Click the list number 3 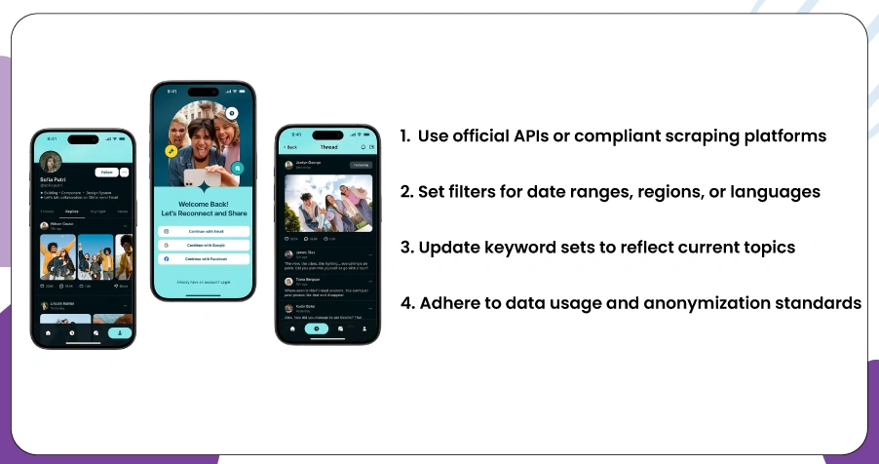tap(404, 248)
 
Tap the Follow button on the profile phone tap(106, 172)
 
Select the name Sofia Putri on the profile tap(53, 180)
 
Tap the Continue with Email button tap(205, 231)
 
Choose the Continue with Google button tap(205, 245)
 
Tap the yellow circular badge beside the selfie tap(171, 152)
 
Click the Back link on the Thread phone tap(290, 147)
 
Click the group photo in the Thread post tap(327, 204)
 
